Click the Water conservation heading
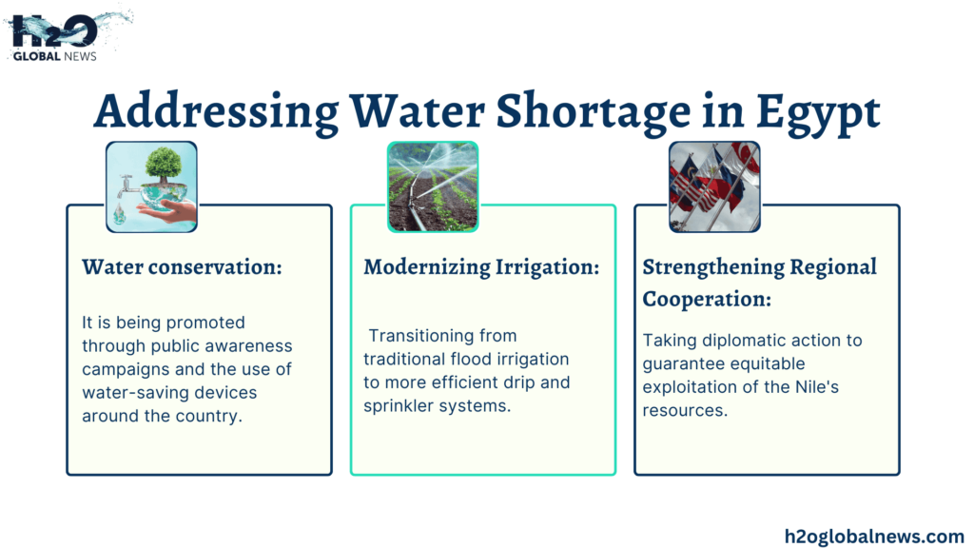click(x=182, y=267)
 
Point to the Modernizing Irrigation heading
click(x=481, y=267)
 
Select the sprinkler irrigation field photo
click(x=433, y=186)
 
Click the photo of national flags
click(x=714, y=186)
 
